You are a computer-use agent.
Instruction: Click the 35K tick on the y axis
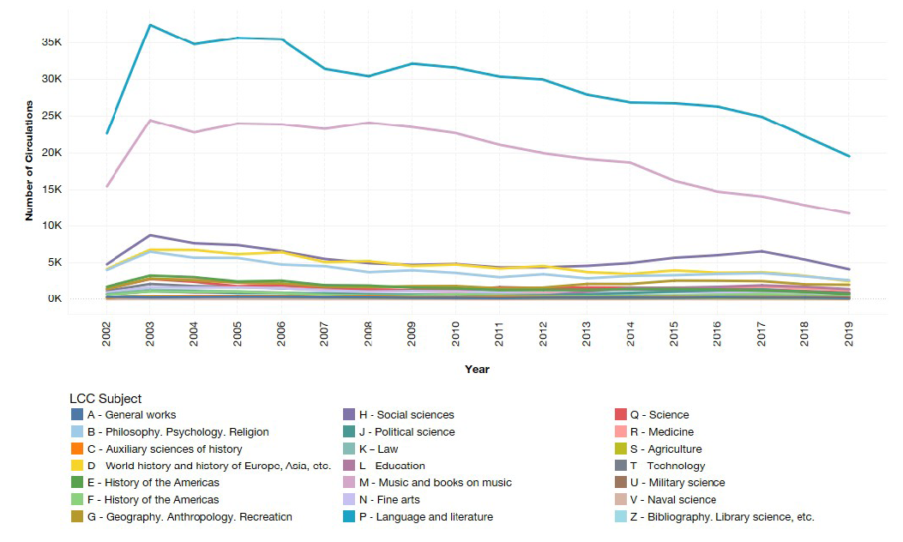pyautogui.click(x=75, y=42)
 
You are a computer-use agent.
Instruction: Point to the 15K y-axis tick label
pyautogui.click(x=75, y=189)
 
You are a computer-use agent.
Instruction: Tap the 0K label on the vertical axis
pyautogui.click(x=77, y=299)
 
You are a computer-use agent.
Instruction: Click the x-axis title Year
pyautogui.click(x=477, y=369)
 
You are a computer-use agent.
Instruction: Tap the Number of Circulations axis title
pyautogui.click(x=29, y=160)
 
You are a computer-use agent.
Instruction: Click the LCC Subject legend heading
pyautogui.click(x=105, y=399)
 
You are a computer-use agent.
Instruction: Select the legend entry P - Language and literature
pyautogui.click(x=425, y=517)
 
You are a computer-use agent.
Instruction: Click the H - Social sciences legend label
pyautogui.click(x=406, y=415)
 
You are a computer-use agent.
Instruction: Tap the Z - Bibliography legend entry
pyautogui.click(x=721, y=517)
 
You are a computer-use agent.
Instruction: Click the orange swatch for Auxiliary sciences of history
pyautogui.click(x=77, y=449)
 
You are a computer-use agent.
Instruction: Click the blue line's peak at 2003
pyautogui.click(x=151, y=25)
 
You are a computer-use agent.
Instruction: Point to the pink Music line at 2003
pyautogui.click(x=151, y=121)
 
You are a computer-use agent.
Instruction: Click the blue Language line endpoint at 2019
pyautogui.click(x=848, y=156)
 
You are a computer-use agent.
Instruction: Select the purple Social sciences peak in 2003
pyautogui.click(x=151, y=235)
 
